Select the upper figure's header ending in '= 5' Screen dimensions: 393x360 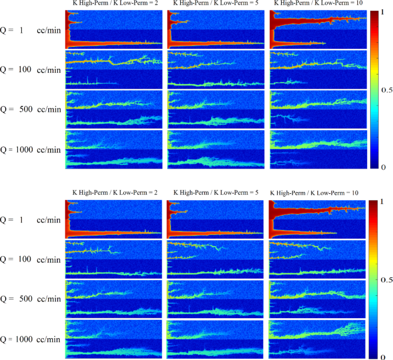click(x=216, y=3)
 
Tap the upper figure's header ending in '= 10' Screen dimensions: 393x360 click(x=318, y=3)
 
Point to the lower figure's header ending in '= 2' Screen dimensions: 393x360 click(x=115, y=193)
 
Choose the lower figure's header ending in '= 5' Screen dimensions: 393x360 click(x=216, y=193)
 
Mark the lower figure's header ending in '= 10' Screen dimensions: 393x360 click(x=314, y=193)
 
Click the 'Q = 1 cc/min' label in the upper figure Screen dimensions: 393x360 click(x=30, y=30)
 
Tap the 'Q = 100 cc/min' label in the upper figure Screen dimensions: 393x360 click(x=30, y=69)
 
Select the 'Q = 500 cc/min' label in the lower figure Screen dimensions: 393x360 click(x=30, y=299)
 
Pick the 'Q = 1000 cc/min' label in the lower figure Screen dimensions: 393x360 click(x=30, y=339)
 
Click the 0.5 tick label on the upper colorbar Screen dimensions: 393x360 click(x=387, y=90)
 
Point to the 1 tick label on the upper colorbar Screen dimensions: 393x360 click(x=383, y=12)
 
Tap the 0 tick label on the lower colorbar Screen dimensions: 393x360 click(x=383, y=357)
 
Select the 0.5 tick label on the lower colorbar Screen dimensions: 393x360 click(x=387, y=279)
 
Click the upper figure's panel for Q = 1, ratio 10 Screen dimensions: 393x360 click(x=318, y=29)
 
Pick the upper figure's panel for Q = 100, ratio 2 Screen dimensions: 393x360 click(x=114, y=69)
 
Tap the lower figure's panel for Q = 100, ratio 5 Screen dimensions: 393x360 click(x=215, y=259)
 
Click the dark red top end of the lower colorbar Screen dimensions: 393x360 click(x=373, y=202)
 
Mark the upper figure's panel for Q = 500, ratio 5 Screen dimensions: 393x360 click(x=216, y=109)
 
